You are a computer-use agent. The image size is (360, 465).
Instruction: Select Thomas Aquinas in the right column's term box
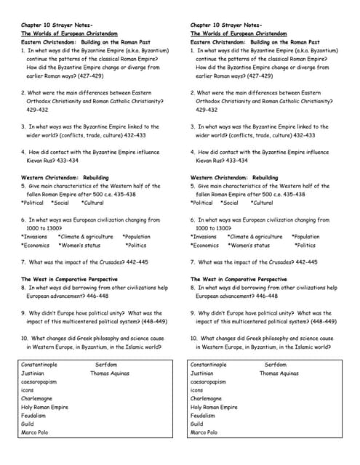click(x=279, y=373)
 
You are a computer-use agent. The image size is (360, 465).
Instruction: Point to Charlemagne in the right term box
click(x=207, y=399)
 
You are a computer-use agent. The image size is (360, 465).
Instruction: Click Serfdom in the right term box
click(x=276, y=365)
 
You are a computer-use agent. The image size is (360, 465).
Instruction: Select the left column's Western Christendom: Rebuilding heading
click(x=65, y=177)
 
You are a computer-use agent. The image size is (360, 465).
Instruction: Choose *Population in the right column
click(x=305, y=237)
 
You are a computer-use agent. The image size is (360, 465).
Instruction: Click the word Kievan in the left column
click(x=36, y=161)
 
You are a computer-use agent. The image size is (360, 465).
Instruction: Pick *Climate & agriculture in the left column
click(x=86, y=237)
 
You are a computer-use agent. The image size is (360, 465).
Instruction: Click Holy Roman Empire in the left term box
click(x=44, y=407)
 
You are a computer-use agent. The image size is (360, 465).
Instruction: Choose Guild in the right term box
click(x=197, y=424)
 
